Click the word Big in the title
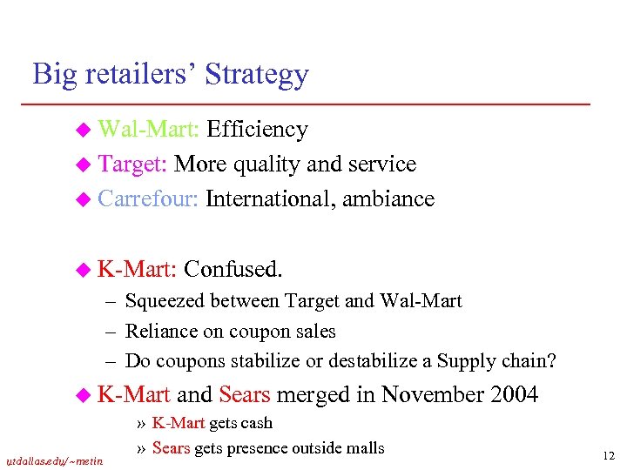click(51, 74)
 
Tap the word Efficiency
click(259, 130)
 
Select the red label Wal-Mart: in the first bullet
click(150, 130)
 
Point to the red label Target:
click(133, 164)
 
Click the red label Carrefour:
click(150, 198)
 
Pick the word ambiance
click(388, 198)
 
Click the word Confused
click(233, 270)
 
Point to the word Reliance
click(158, 331)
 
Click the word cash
click(257, 424)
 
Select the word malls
click(364, 448)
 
